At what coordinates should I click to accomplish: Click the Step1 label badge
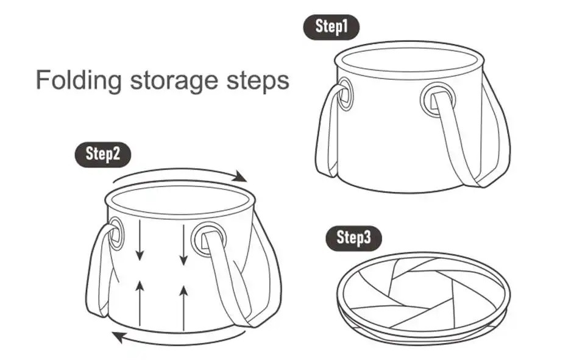[331, 27]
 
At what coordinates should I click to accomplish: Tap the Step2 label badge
[103, 154]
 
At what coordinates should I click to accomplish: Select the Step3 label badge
[354, 238]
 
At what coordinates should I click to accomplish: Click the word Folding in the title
[79, 80]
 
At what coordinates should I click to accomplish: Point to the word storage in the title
[174, 82]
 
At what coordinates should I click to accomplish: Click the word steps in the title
[258, 82]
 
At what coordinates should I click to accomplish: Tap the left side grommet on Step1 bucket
[345, 93]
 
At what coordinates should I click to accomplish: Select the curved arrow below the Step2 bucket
[179, 340]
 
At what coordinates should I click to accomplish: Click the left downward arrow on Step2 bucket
[140, 240]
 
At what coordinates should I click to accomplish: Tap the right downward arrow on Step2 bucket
[183, 244]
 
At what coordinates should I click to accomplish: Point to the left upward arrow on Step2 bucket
[140, 303]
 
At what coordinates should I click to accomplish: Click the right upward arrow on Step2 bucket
[183, 308]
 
